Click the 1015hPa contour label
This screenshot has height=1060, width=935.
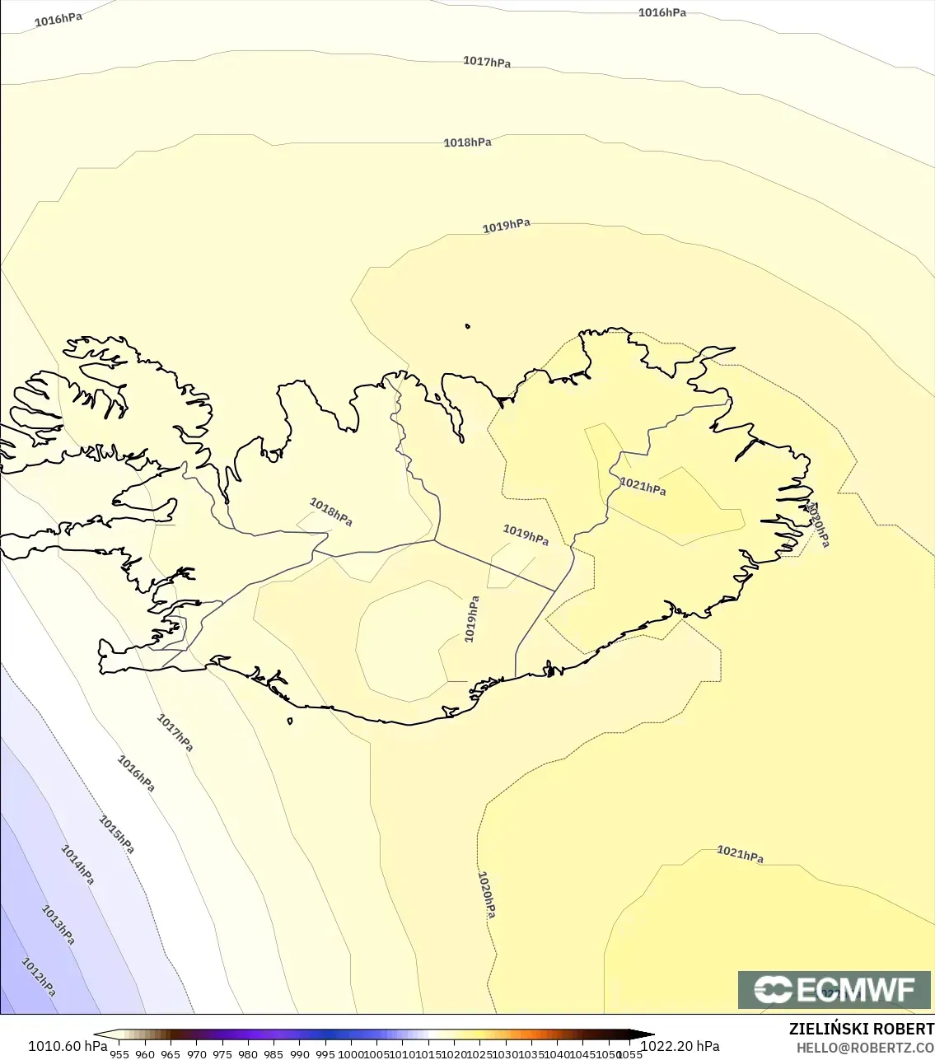117,834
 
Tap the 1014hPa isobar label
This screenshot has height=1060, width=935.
77,864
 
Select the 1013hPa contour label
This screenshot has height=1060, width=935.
58,924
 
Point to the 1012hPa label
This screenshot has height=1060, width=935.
39,976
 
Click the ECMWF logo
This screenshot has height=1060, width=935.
834,989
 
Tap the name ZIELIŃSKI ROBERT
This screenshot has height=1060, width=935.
861,1029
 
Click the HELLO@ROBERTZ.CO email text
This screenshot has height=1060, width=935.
865,1048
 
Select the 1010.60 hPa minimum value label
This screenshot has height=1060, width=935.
68,1046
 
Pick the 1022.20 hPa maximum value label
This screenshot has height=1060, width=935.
680,1046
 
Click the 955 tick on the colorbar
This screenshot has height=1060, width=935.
119,1054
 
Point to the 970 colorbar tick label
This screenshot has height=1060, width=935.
196,1054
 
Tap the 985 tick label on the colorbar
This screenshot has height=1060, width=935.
273,1054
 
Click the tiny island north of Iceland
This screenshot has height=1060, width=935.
468,326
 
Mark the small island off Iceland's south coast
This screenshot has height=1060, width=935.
290,721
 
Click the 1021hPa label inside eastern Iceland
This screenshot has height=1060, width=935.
643,486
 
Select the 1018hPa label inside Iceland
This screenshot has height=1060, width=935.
331,511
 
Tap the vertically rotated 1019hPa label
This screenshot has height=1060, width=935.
472,619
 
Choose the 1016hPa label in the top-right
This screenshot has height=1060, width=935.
662,12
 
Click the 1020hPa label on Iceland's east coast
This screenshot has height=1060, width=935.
818,525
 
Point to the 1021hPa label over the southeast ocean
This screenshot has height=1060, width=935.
740,854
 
